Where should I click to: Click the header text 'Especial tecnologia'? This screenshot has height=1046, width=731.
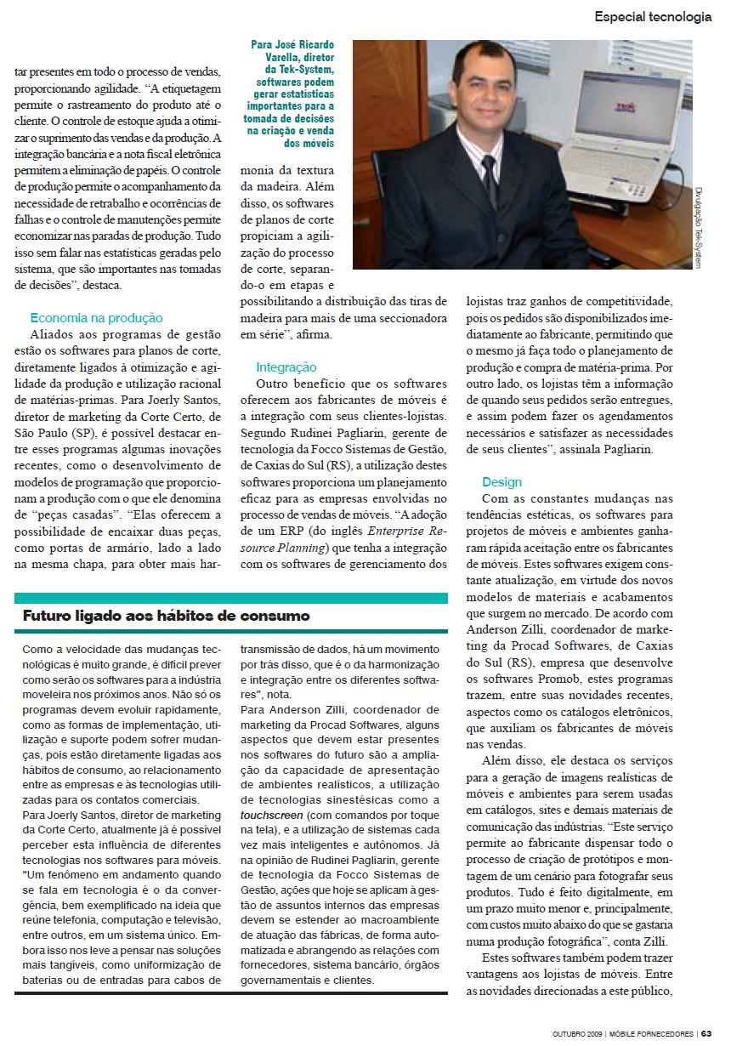tap(652, 16)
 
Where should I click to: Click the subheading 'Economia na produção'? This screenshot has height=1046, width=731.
tap(96, 318)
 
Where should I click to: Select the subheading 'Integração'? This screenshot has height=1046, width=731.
tap(286, 367)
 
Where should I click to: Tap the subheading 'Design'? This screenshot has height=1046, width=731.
tap(501, 482)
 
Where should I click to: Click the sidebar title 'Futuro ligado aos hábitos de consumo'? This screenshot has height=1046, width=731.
tap(166, 616)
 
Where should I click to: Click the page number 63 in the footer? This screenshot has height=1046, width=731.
tap(706, 1034)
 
